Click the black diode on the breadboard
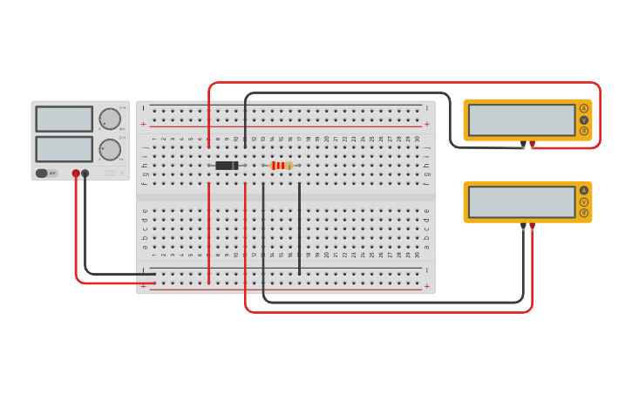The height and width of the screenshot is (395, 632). click(x=227, y=166)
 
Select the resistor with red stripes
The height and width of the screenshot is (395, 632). click(x=281, y=166)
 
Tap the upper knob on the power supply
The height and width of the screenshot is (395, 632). click(x=110, y=119)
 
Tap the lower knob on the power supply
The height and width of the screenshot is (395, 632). click(x=110, y=149)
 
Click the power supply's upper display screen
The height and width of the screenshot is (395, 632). click(x=64, y=119)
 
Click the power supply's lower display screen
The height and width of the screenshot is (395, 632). click(x=64, y=149)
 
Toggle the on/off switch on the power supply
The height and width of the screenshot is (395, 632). click(x=42, y=174)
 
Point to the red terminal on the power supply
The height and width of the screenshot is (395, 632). click(x=76, y=174)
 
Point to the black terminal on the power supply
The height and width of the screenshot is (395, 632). click(x=85, y=174)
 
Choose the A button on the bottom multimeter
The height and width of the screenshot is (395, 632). click(x=584, y=190)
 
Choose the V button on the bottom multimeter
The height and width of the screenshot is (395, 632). click(x=584, y=201)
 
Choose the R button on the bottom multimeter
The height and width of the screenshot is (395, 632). click(x=584, y=213)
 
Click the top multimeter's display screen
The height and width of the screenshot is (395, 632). click(x=521, y=120)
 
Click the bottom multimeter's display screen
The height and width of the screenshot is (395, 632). click(x=521, y=201)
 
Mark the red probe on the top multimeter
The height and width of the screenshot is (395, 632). click(x=533, y=144)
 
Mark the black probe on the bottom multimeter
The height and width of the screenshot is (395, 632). click(x=523, y=226)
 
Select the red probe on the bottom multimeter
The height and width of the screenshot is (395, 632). click(x=533, y=226)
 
